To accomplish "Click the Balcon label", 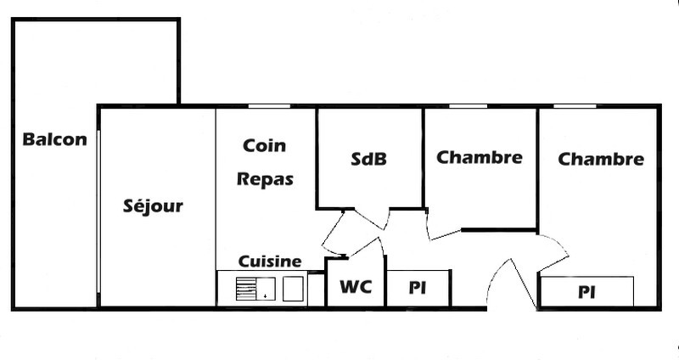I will coord(55,140).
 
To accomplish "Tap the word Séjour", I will coord(153,205).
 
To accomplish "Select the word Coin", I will coord(264,146).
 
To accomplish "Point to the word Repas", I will coord(265,179).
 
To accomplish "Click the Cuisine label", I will coord(269,262).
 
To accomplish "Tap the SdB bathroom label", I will coord(368,159).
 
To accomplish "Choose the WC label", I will coord(356,288).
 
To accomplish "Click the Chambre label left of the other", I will coord(479,157).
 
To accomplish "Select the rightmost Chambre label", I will coord(601,159).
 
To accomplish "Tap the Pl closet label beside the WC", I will coord(417,288).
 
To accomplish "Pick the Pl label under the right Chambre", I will coord(586,292).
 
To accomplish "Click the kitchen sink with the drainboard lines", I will coord(256,290).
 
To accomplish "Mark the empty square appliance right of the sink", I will coord(293,290).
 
